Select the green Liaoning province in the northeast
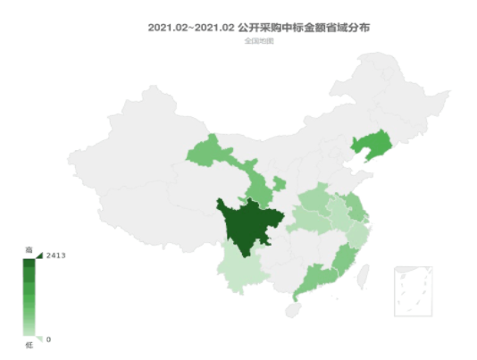coord(371,145)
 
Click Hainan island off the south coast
coord(292,309)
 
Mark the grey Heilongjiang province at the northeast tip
coord(393,89)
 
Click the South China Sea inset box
coord(414,290)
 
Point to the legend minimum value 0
coord(48,339)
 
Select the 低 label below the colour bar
coord(28,344)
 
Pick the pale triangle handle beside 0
coord(38,338)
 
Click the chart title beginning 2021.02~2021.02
coord(258,28)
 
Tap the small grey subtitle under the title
coord(258,41)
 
